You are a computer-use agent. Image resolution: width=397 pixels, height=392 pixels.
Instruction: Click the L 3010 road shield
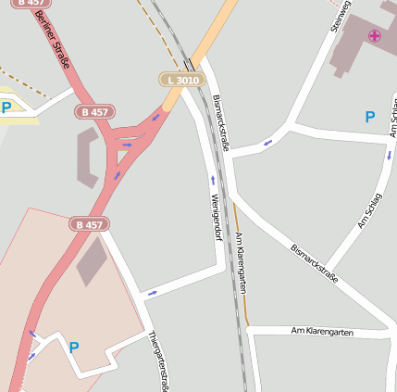[180, 81]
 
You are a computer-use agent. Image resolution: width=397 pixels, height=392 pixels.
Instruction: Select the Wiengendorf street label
[216, 217]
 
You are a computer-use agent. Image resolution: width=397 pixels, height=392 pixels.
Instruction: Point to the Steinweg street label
[341, 16]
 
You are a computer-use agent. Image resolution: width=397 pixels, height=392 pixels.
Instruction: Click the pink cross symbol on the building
[374, 36]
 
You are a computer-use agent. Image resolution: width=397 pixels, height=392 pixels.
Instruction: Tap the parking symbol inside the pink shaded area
[73, 348]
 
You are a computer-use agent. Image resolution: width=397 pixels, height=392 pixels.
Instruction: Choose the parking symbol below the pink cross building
[369, 117]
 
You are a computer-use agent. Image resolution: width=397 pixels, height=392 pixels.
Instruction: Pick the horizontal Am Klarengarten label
[321, 331]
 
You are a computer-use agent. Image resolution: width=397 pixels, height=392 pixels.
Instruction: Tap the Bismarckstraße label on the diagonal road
[315, 263]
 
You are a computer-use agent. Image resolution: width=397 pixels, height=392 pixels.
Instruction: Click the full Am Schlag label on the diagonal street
[369, 211]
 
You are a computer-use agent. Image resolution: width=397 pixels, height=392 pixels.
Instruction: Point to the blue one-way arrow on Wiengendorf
[212, 180]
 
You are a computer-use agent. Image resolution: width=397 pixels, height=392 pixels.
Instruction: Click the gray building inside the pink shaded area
[91, 259]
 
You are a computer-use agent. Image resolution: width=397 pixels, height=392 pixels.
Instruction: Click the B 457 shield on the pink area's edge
[90, 224]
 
